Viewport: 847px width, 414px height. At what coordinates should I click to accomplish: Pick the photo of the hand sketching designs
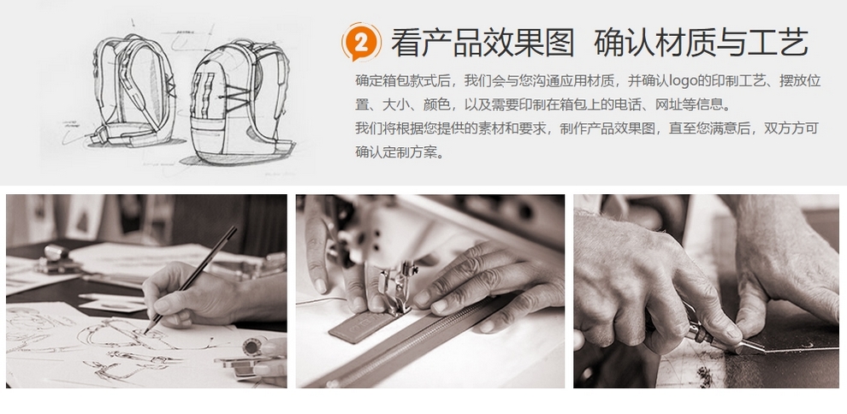[x=146, y=291]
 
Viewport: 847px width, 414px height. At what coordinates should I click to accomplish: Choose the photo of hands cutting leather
[x=706, y=291]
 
